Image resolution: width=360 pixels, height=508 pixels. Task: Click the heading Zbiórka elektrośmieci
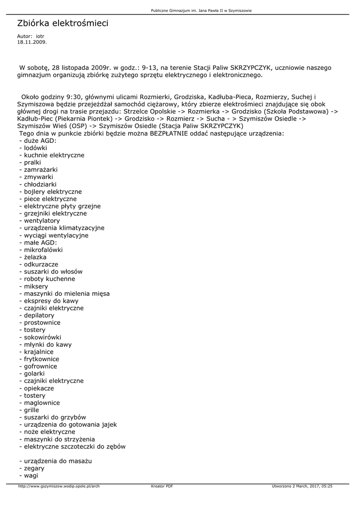pos(63,23)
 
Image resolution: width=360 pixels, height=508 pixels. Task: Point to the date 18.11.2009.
pos(32,42)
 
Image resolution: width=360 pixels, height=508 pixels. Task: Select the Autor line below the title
pos(31,37)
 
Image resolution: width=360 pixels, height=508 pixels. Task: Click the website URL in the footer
pos(59,486)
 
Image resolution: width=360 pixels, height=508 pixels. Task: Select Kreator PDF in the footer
pos(162,486)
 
